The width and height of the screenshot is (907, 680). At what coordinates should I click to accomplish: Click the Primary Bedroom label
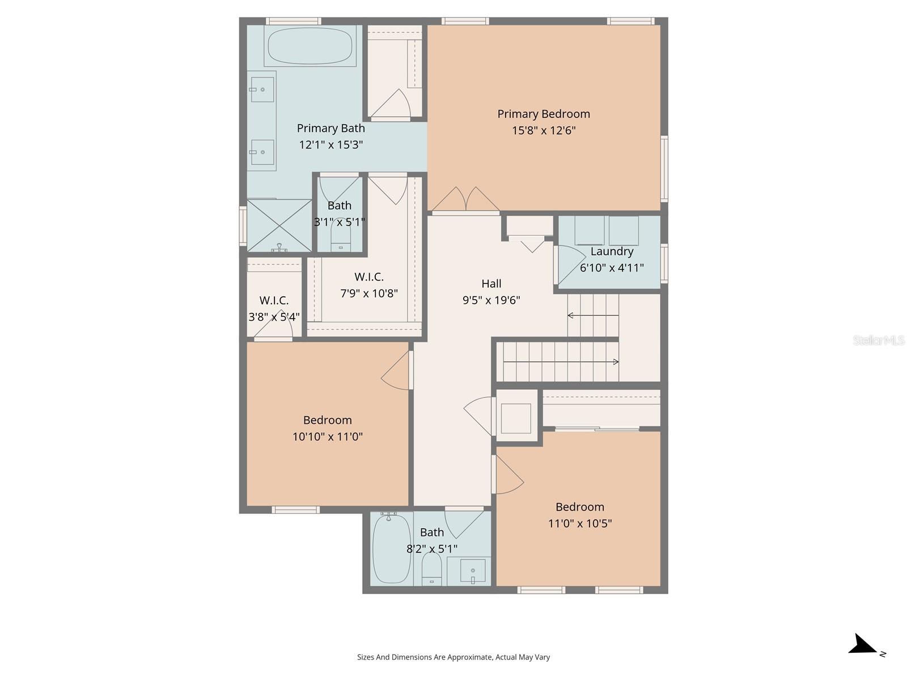[x=543, y=114]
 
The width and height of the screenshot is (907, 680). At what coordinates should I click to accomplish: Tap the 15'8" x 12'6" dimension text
[x=544, y=130]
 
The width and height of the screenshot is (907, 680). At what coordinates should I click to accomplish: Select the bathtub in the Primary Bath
[x=310, y=46]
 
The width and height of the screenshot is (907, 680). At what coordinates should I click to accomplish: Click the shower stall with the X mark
[x=279, y=226]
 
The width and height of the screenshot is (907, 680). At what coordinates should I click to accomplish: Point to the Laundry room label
[x=612, y=252]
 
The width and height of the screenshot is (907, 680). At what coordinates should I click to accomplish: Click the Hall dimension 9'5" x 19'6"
[x=491, y=300]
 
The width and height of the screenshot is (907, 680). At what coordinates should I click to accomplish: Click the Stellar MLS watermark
[x=879, y=340]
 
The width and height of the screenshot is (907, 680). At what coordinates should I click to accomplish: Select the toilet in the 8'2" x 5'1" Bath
[x=431, y=568]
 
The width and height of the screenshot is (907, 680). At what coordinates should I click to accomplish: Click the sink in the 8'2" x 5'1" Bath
[x=473, y=571]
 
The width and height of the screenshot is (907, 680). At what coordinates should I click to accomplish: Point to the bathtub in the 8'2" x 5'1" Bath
[x=392, y=549]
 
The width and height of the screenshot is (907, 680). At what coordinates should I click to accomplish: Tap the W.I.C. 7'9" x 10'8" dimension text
[x=368, y=294]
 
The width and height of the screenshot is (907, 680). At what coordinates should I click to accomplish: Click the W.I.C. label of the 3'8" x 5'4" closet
[x=274, y=300]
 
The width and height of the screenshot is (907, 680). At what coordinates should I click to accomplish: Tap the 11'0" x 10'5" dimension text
[x=579, y=524]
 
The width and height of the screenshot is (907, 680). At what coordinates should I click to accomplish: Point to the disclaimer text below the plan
[x=453, y=657]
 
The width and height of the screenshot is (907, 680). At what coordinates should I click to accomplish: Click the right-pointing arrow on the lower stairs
[x=561, y=362]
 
